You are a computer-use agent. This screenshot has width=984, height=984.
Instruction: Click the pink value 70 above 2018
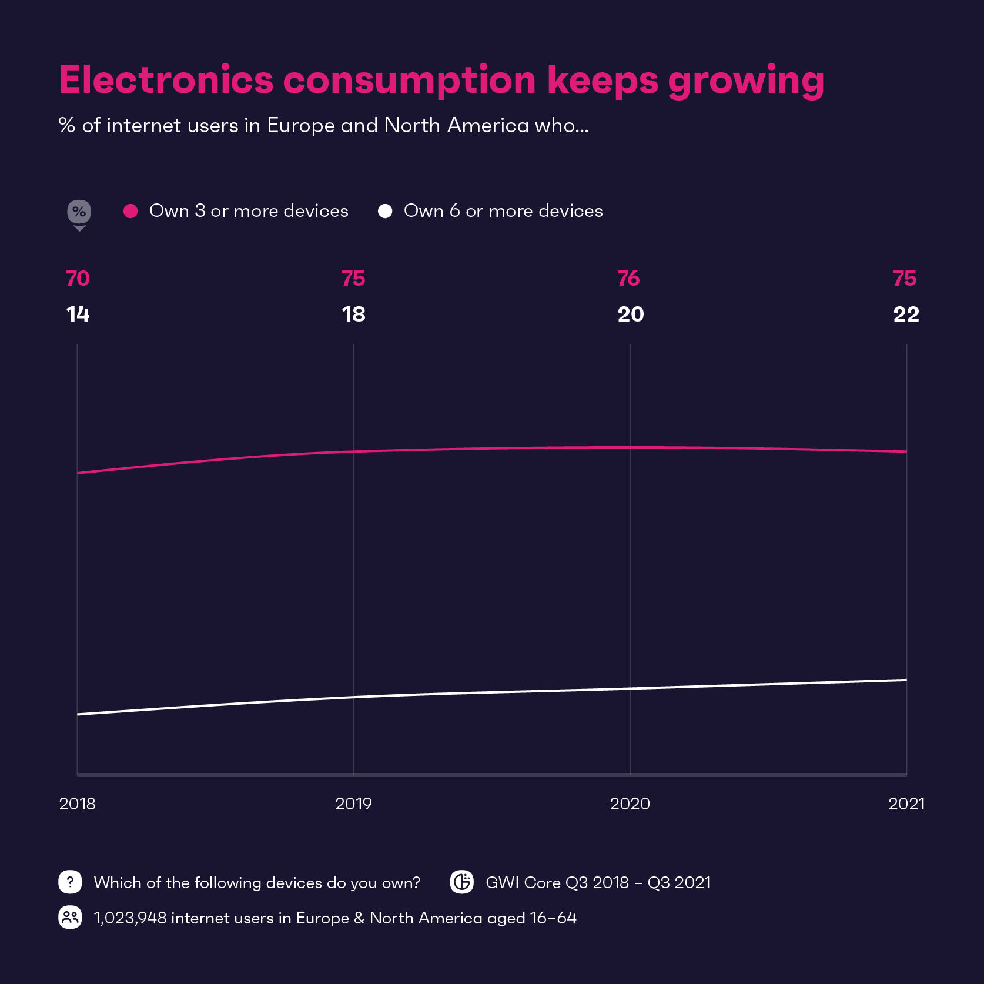tap(78, 279)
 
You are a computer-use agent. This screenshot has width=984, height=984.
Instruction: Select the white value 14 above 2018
tap(78, 314)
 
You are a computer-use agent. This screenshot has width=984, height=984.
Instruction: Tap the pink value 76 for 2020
tap(628, 279)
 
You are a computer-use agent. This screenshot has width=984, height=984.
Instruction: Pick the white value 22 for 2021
tap(906, 314)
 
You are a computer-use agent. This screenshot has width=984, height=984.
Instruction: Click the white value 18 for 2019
tap(353, 314)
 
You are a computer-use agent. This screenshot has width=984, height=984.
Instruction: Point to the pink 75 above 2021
tap(905, 279)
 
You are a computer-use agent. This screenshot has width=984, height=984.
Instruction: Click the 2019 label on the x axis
tap(353, 804)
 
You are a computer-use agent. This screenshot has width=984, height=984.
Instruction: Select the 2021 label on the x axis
tap(906, 804)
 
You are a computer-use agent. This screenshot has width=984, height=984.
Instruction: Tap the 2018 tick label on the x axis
tap(77, 804)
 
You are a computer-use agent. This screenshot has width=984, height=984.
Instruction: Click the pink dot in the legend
tap(130, 211)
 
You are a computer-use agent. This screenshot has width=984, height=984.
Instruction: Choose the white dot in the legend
tap(385, 211)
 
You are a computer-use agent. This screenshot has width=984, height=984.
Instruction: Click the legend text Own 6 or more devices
tap(503, 211)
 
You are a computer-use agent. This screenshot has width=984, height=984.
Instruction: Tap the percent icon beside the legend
tap(79, 212)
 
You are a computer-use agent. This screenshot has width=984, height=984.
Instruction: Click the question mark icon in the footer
tap(70, 882)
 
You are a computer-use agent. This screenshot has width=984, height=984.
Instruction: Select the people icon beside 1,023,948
tap(70, 917)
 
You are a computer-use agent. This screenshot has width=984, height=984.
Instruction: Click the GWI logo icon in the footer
tap(462, 882)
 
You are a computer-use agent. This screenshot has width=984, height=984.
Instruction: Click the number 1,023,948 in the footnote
tap(130, 918)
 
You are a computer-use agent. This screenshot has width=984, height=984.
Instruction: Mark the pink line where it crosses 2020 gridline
tap(630, 447)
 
